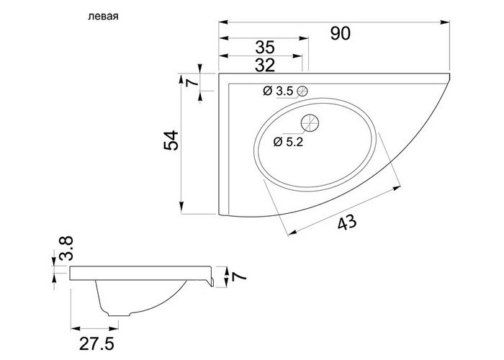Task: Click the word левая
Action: tap(103, 17)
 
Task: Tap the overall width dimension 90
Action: tap(341, 33)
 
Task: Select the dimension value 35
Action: tap(265, 48)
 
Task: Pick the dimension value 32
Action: tap(265, 66)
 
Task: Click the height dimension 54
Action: tap(171, 140)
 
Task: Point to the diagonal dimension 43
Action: tap(347, 222)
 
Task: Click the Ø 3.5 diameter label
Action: tap(278, 91)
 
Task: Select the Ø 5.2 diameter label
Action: tap(288, 142)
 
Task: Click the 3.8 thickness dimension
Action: tap(66, 248)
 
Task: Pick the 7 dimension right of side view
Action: tap(239, 276)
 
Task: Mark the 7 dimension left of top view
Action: tap(192, 82)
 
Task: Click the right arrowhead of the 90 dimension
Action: tap(445, 22)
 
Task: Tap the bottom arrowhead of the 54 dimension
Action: tap(181, 206)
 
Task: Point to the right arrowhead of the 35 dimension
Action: tap(303, 38)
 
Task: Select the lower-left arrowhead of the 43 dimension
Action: tap(292, 233)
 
